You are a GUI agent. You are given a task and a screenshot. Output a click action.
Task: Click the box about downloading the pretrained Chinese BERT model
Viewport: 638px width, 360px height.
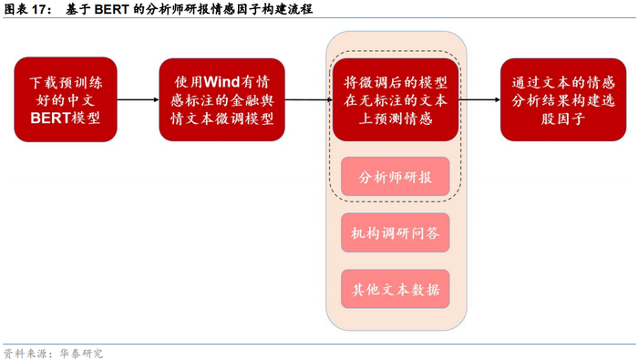pos(66,99)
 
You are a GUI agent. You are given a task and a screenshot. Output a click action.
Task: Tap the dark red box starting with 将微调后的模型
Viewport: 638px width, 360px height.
pos(395,99)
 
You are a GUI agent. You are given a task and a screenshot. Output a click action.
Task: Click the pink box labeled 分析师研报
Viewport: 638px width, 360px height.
pos(395,176)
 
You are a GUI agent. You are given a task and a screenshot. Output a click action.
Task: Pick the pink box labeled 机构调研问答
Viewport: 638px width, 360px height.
pos(395,233)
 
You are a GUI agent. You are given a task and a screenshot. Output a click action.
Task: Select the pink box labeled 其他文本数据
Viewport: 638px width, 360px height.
pos(395,290)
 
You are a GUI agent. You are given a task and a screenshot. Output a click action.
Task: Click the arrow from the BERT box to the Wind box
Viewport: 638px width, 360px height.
pos(138,99)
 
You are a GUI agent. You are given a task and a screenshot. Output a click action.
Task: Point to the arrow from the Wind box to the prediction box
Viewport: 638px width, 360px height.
pos(304,99)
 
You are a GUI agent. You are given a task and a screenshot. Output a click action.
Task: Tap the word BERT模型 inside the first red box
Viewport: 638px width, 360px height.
pos(66,118)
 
